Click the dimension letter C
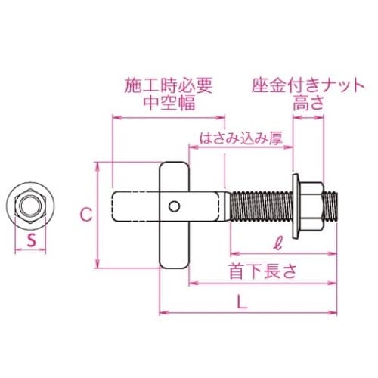86,214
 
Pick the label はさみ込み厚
237,138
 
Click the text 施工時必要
168,85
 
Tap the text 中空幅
168,103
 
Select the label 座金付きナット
302,85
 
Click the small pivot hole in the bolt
175,205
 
